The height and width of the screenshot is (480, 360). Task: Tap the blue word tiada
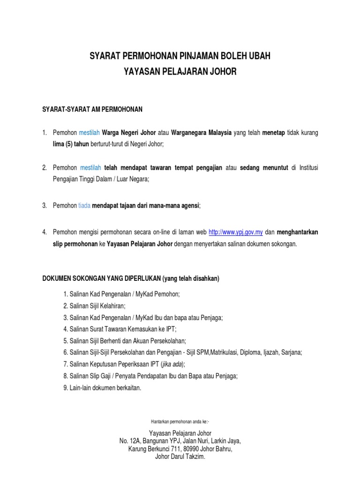pos(84,205)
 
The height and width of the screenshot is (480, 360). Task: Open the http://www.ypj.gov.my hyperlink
pos(235,232)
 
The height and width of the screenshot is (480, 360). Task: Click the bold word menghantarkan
pos(298,232)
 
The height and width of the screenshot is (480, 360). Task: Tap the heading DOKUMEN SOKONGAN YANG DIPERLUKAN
pos(101,278)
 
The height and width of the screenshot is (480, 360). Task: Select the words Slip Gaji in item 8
pos(104,376)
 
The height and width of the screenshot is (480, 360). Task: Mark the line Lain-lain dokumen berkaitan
pos(102,388)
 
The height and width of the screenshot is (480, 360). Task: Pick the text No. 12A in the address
pos(130,441)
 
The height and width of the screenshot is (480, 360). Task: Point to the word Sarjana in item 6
pos(291,352)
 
